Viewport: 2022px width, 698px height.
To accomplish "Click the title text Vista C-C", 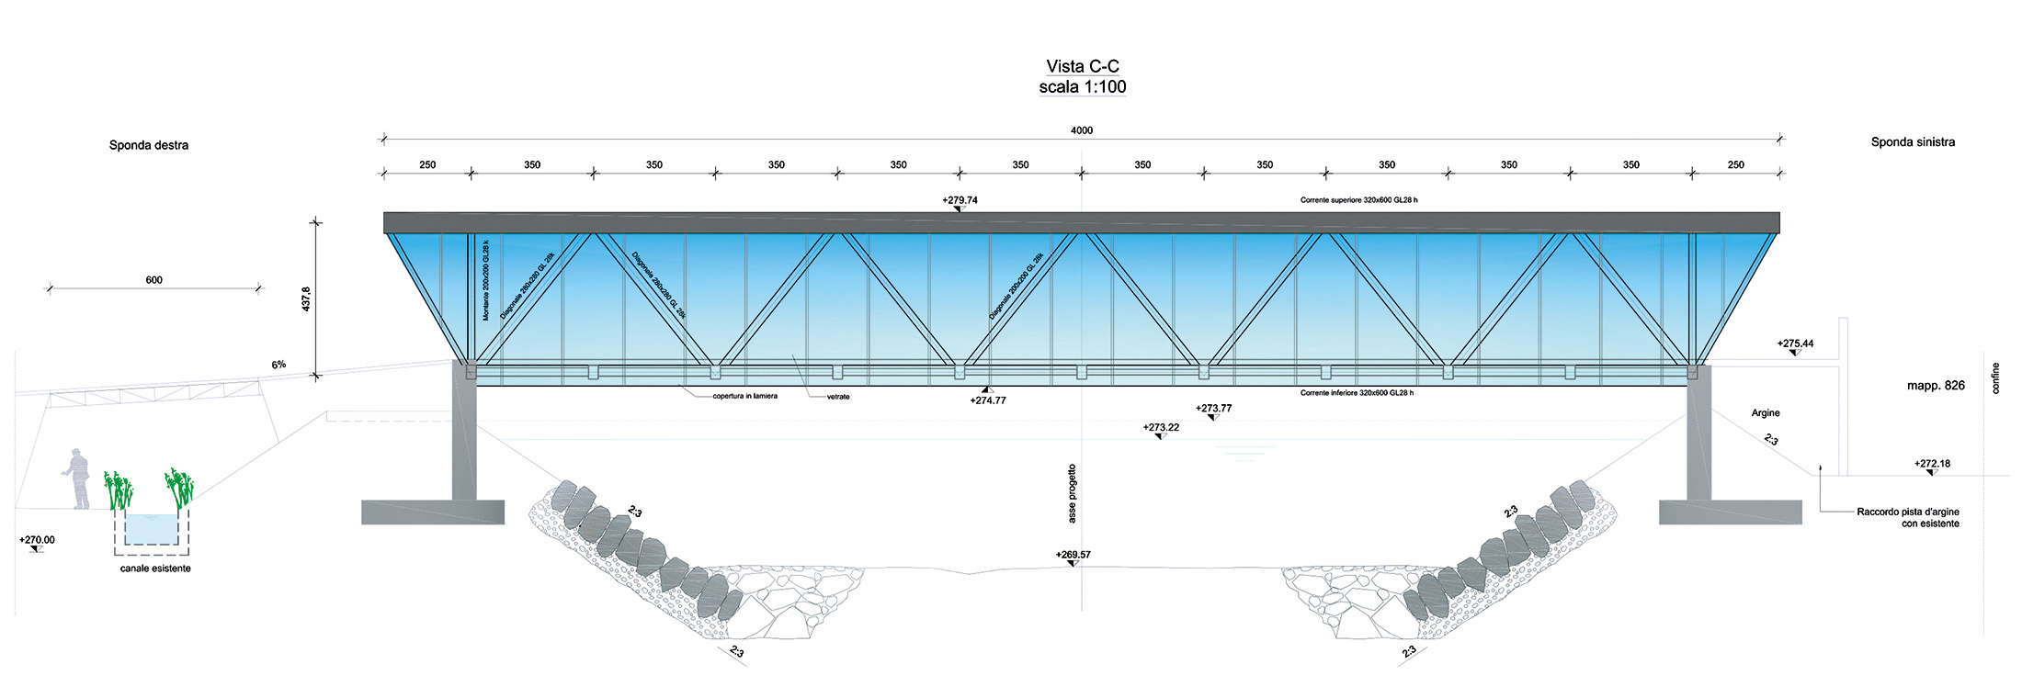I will tap(1082, 66).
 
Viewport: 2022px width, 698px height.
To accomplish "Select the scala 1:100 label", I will tap(1082, 87).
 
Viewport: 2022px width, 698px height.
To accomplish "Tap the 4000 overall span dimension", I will tap(1082, 130).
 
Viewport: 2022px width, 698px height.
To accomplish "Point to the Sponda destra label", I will tap(149, 145).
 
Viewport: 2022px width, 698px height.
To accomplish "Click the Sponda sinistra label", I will tap(1913, 142).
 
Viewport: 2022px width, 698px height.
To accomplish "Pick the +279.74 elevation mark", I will tap(960, 199).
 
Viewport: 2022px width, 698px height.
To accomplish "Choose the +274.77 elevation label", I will tap(988, 400).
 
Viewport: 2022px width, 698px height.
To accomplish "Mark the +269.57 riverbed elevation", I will tap(1073, 555).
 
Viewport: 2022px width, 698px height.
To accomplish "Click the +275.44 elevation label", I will tap(1795, 344).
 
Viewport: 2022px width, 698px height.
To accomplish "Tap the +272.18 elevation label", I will tap(1932, 464).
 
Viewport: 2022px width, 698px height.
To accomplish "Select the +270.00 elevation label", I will tap(37, 540).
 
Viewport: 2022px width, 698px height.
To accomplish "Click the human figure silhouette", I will tap(78, 478).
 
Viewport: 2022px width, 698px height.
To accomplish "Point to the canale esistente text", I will tap(155, 569).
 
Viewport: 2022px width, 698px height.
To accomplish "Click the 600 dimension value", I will tap(153, 280).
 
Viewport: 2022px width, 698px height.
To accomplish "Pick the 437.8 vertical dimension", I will tap(307, 298).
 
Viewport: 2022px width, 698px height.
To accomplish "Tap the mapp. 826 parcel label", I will tap(1936, 386).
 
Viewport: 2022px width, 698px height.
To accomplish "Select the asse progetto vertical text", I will tap(1072, 493).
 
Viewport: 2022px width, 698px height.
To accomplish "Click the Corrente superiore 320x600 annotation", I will tap(1365, 200).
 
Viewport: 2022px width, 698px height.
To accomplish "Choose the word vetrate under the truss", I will tap(837, 397).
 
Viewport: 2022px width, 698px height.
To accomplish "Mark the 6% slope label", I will tap(278, 365).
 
